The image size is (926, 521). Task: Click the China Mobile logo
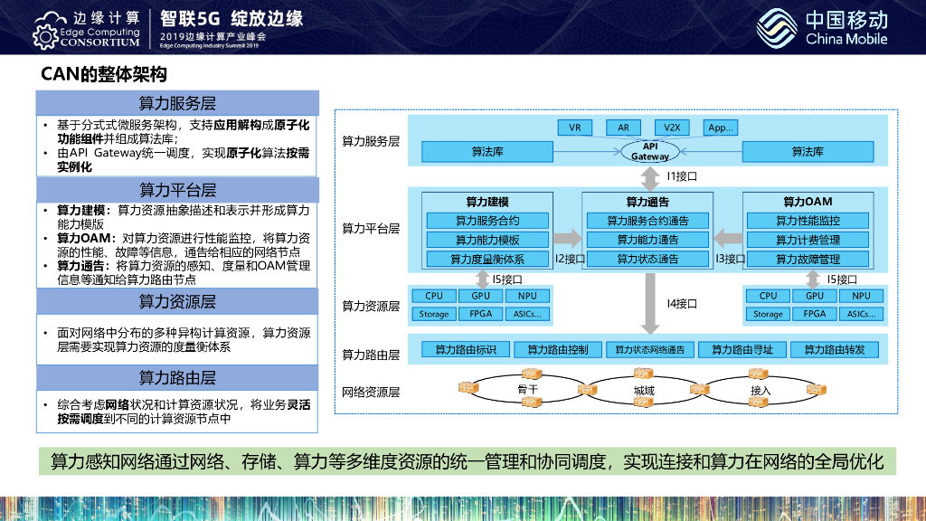pos(822,28)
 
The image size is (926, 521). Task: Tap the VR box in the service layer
pos(575,128)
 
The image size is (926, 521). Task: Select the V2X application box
pos(672,128)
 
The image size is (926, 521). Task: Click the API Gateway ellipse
pos(649,151)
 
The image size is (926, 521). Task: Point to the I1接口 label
pos(682,176)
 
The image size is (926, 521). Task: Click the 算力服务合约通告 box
pos(647,221)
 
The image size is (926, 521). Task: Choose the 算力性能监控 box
pos(808,221)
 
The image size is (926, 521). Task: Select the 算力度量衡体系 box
pos(487,260)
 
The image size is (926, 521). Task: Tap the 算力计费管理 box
pos(808,240)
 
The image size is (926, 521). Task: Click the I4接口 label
pos(682,304)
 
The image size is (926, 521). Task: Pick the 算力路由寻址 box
pos(742,350)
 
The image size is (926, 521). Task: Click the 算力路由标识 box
pos(465,350)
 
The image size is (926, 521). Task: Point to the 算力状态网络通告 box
pos(649,350)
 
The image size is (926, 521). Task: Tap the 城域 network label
pos(645,391)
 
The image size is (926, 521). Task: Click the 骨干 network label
pos(528,390)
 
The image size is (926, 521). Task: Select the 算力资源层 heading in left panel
pos(177,301)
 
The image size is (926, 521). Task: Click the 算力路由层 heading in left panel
pos(177,377)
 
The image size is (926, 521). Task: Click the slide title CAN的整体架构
pos(104,73)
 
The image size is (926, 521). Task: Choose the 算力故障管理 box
pos(808,260)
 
